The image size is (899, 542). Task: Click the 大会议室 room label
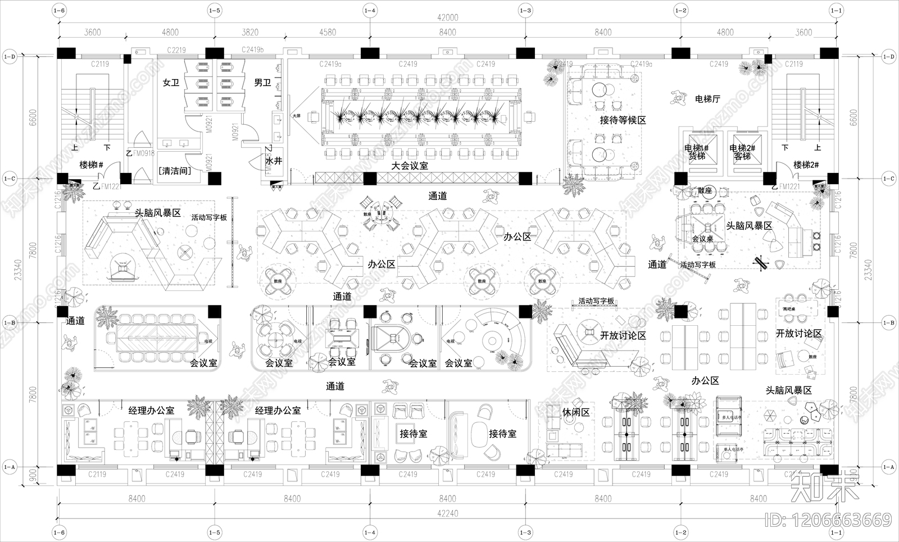(410, 166)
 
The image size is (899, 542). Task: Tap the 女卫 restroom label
(171, 83)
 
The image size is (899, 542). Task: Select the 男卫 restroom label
(262, 83)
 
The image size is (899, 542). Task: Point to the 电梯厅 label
(707, 99)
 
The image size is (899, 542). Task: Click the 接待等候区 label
(623, 120)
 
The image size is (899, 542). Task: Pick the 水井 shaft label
(274, 161)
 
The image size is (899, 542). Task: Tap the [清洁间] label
(175, 170)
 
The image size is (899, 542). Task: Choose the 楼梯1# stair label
(92, 165)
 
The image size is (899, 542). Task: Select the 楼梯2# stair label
(806, 165)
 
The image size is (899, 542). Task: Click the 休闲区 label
(576, 412)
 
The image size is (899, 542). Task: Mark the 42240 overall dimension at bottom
(447, 513)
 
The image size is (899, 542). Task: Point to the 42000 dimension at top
(447, 17)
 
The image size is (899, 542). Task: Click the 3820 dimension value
(250, 32)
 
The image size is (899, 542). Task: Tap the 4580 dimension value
(328, 32)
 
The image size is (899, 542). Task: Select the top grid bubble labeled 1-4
(370, 10)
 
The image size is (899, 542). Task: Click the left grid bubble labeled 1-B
(10, 323)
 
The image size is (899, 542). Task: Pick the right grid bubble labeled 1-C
(888, 179)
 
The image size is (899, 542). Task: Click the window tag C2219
(176, 51)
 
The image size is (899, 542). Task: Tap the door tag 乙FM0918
(140, 153)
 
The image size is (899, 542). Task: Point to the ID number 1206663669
(829, 521)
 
